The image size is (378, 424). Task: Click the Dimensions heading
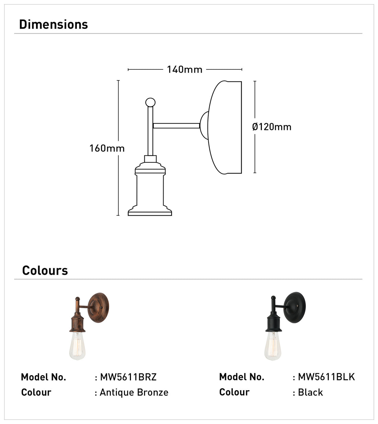pos(53,24)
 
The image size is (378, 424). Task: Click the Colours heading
pos(45,270)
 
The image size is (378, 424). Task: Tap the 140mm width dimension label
pos(185,69)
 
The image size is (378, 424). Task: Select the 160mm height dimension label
pos(107,148)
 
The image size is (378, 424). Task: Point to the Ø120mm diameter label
pos(272,127)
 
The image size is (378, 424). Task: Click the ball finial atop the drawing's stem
pos(150,102)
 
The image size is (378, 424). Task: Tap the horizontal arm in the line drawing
pos(176,126)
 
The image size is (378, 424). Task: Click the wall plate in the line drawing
pos(225,128)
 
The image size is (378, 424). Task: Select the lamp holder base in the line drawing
pos(150,189)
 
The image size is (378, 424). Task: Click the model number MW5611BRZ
pos(128,377)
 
